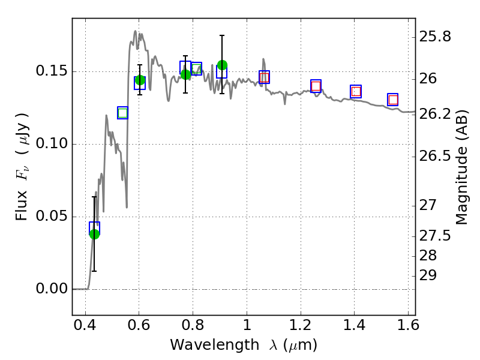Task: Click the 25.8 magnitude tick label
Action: click(x=435, y=37)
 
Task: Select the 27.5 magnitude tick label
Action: click(x=435, y=236)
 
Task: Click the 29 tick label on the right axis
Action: click(x=428, y=275)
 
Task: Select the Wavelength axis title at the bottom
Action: click(x=244, y=345)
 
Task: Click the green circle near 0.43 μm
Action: click(x=94, y=233)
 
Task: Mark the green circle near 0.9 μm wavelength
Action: click(x=222, y=65)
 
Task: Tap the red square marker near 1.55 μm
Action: click(x=393, y=100)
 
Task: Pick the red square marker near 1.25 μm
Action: click(x=316, y=86)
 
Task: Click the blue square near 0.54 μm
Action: click(x=122, y=113)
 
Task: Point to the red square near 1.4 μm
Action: click(x=356, y=91)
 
